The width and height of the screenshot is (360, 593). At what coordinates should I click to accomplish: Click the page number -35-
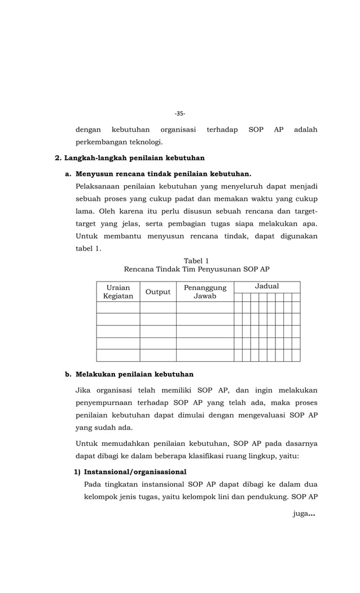tap(179, 113)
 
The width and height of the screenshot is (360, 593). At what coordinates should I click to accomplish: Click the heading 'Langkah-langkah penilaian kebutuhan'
tap(134, 157)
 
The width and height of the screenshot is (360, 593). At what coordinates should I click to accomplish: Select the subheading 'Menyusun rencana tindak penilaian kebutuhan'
tap(163, 173)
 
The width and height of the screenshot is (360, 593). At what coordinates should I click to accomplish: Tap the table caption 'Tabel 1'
tap(196, 261)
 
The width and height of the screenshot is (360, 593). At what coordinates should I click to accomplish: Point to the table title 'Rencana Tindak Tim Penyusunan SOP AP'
tap(196, 269)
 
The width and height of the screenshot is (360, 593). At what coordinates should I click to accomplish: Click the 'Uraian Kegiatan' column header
tap(118, 292)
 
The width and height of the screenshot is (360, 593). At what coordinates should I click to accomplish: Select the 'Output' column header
tap(158, 292)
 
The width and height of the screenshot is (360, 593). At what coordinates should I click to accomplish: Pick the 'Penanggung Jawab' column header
tap(205, 292)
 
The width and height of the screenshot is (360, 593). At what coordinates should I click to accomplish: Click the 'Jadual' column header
tap(267, 287)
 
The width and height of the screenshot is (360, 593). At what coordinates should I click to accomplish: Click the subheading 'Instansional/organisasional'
tap(135, 472)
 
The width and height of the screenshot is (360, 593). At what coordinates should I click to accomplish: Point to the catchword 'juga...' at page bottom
tap(304, 513)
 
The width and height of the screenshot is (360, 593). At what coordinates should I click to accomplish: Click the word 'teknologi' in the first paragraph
tap(146, 142)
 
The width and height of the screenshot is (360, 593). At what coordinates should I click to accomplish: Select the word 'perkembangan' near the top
tap(100, 142)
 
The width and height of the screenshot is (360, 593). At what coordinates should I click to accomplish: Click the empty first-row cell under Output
tap(158, 308)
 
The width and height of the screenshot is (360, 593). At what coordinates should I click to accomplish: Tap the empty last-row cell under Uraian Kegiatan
tap(118, 355)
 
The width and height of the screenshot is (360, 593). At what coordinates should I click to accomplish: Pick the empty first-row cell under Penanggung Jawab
tap(205, 308)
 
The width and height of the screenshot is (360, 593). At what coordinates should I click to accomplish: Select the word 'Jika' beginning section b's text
tap(82, 390)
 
